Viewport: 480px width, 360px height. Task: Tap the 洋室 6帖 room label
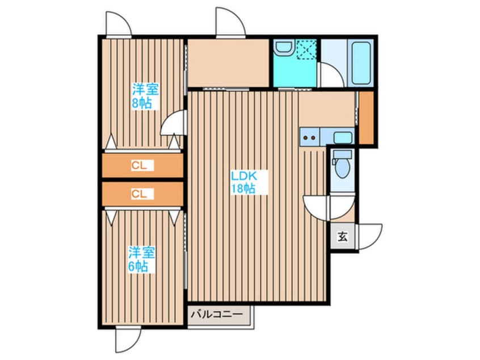coord(141,259)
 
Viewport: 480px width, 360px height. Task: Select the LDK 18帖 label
coord(243,182)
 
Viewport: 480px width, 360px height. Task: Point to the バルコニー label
coord(217,314)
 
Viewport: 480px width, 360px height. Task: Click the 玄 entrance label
coord(343,237)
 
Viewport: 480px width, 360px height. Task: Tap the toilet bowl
coord(343,168)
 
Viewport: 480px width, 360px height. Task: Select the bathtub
coord(361,63)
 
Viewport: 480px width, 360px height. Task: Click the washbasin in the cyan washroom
coord(284,48)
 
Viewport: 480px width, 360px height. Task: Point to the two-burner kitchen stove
coord(310,137)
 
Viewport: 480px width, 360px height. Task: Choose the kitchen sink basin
coord(343,137)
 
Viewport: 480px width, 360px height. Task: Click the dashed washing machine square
coord(307,49)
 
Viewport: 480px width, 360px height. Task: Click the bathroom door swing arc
coord(331,76)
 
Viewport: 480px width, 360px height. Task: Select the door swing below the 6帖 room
coord(129,339)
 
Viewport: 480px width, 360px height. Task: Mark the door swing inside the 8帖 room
coord(173,122)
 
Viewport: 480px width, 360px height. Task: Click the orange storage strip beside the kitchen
coord(366,118)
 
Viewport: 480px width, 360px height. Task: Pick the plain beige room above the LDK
coord(228,63)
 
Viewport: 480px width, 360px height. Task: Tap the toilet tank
coord(343,154)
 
